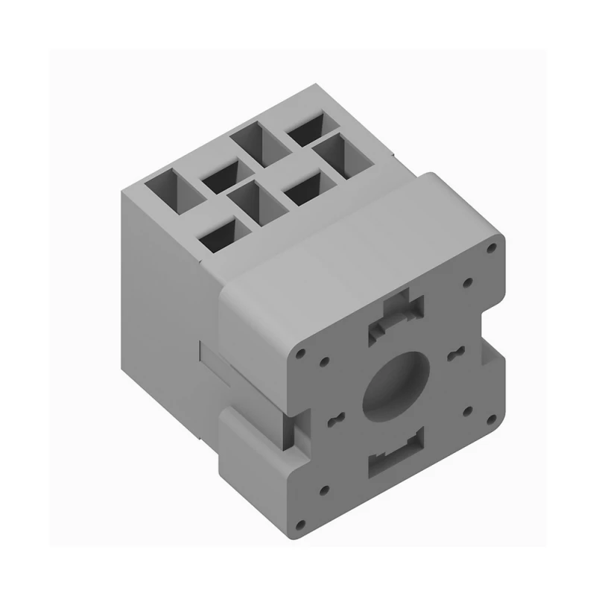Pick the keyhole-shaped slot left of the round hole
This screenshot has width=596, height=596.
pos(333,419)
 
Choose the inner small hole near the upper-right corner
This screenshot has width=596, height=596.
pos(467,283)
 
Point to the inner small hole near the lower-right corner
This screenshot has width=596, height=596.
pos(467,409)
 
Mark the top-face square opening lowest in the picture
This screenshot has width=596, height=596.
pos(219,236)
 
